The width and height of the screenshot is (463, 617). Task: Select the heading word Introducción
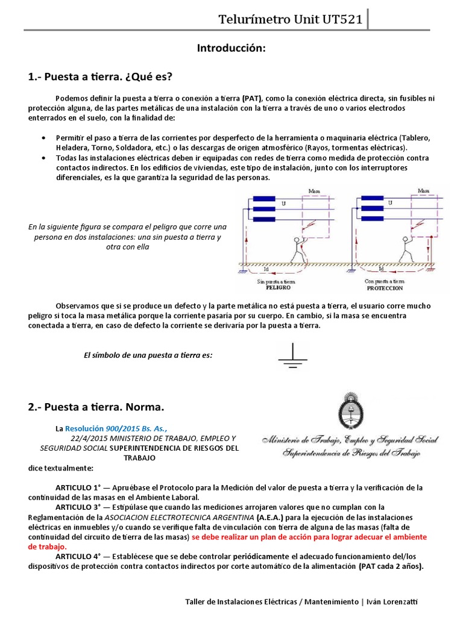point(231,48)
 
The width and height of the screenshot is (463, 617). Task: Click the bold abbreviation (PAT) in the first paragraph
point(252,98)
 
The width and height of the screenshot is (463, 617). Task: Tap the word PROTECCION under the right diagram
point(384,288)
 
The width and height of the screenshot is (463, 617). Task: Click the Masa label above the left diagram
point(314,191)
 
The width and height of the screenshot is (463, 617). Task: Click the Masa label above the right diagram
point(424,191)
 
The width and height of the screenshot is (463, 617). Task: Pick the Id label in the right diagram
point(382,269)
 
